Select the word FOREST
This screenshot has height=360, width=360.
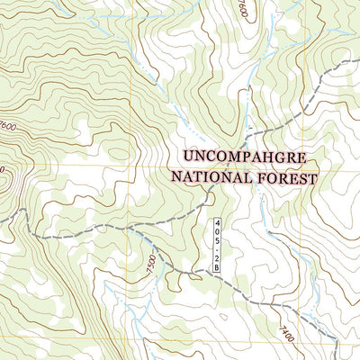click(x=286, y=178)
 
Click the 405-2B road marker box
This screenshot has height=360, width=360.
click(x=218, y=244)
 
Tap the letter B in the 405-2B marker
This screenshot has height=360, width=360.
click(x=218, y=265)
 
